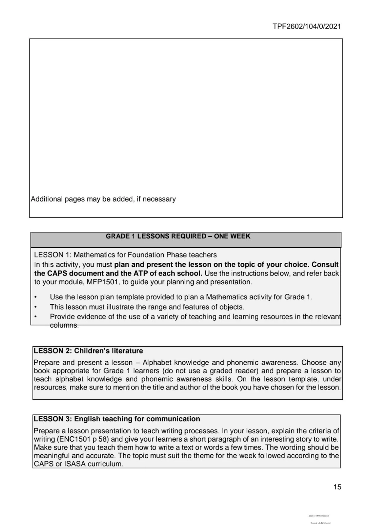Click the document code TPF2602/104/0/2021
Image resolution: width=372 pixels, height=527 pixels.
[306, 26]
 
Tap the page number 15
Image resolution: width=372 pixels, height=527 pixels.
[337, 487]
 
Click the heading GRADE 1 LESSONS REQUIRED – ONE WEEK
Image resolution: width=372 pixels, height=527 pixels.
[178, 236]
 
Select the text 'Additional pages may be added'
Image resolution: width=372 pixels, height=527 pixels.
[82, 199]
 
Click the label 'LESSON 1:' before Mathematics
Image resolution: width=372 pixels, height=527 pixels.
[53, 255]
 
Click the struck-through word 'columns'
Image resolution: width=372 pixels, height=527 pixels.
[64, 325]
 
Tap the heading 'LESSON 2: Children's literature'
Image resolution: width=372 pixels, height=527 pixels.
[88, 351]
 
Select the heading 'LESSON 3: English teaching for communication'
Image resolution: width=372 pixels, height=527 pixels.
[117, 419]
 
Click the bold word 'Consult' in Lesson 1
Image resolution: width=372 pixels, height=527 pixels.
[325, 265]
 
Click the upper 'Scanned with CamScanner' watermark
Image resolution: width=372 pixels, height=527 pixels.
[319, 516]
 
